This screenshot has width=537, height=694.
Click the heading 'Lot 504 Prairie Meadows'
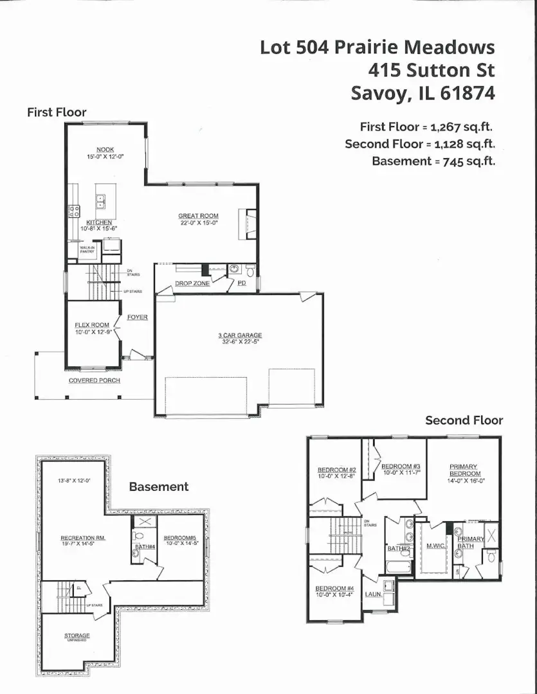pyautogui.click(x=378, y=48)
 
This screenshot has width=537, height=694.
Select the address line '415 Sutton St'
pyautogui.click(x=432, y=70)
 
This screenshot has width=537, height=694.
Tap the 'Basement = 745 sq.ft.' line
pyautogui.click(x=433, y=161)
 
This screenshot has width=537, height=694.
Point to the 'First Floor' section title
pyautogui.click(x=57, y=112)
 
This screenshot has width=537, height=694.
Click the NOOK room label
pyautogui.click(x=105, y=150)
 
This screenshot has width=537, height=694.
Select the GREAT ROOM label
pyautogui.click(x=198, y=217)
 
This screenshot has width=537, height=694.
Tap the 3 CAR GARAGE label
pyautogui.click(x=239, y=335)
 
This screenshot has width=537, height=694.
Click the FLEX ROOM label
pyautogui.click(x=92, y=325)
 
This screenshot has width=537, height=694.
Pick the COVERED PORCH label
pyautogui.click(x=94, y=381)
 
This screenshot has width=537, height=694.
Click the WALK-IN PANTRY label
pyautogui.click(x=87, y=249)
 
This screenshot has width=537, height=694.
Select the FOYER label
pyautogui.click(x=137, y=317)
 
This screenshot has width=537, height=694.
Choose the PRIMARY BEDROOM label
pyautogui.click(x=463, y=470)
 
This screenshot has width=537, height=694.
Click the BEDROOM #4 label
pyautogui.click(x=334, y=589)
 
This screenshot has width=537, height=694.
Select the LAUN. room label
pyautogui.click(x=373, y=594)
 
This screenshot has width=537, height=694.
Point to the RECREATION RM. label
pyautogui.click(x=83, y=538)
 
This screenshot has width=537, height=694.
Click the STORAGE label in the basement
pyautogui.click(x=77, y=636)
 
